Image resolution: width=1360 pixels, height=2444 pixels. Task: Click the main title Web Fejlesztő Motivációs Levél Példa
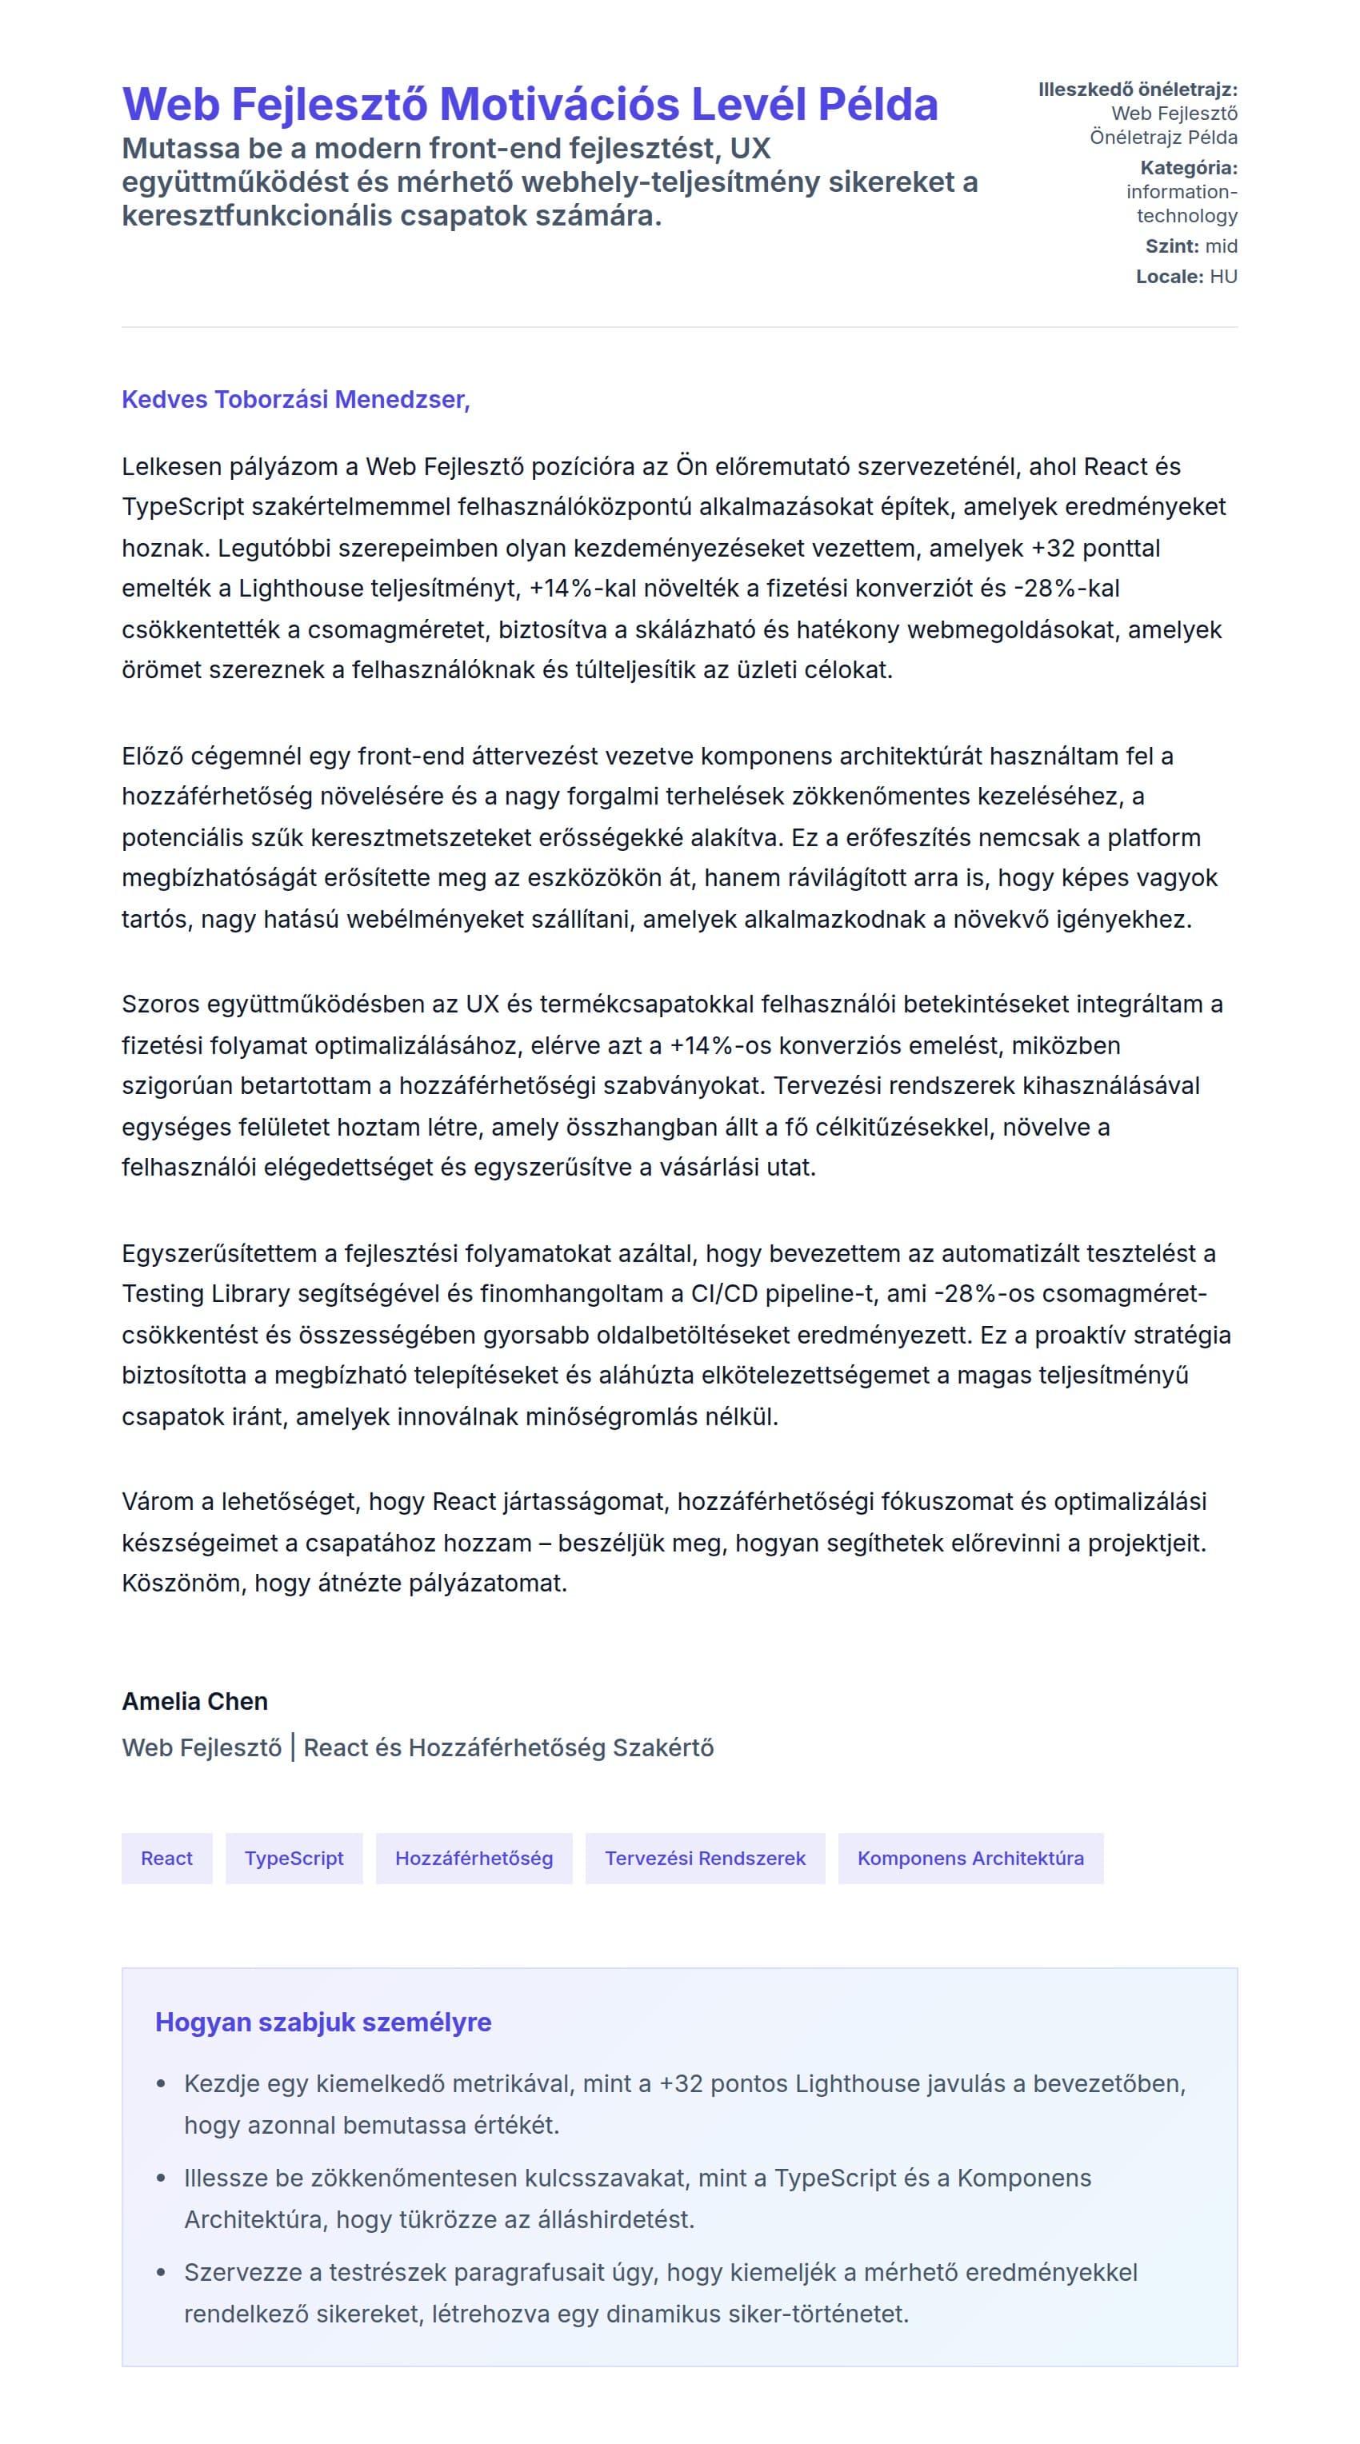click(530, 104)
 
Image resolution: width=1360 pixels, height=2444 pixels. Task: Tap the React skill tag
click(166, 1858)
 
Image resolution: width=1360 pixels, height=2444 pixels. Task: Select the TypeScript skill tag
click(294, 1858)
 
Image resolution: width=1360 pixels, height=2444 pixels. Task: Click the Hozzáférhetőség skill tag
click(474, 1858)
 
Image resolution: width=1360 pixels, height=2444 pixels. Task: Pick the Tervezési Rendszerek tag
click(704, 1858)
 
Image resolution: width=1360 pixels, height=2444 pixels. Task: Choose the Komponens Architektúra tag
click(970, 1858)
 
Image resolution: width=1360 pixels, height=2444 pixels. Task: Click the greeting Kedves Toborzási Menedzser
click(295, 399)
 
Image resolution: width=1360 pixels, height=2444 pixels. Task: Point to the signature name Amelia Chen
click(194, 1701)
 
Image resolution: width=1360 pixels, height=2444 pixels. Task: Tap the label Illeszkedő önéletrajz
click(1137, 90)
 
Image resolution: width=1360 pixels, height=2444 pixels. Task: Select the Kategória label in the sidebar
click(1188, 168)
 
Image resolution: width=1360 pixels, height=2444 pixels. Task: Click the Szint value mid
click(1221, 246)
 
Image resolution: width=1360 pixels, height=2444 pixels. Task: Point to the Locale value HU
click(1222, 277)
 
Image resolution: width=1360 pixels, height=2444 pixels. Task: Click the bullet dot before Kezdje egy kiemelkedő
click(162, 2084)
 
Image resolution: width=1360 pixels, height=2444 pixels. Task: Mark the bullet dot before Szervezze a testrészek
click(162, 2272)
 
